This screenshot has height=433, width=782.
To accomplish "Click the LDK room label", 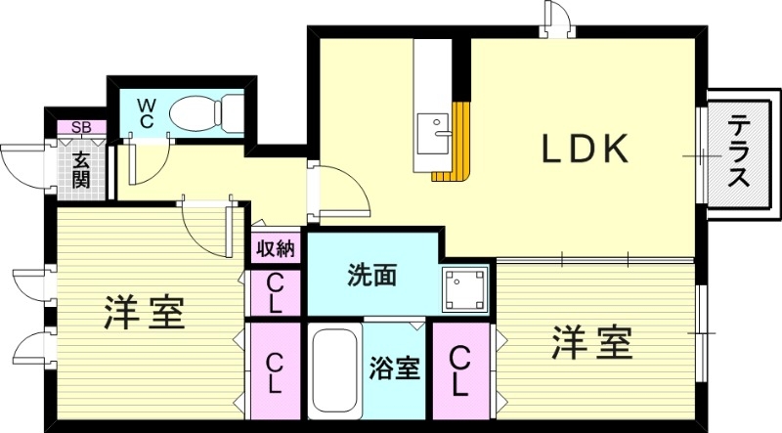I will (584, 150).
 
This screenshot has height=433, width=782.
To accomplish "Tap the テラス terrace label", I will (740, 154).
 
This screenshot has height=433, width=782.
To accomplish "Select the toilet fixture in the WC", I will (205, 112).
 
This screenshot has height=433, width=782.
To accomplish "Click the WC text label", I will (146, 111).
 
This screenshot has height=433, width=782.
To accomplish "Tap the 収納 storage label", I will (275, 249).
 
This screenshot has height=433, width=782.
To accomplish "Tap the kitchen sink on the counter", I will (431, 132).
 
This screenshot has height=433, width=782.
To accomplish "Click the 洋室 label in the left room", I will (145, 313).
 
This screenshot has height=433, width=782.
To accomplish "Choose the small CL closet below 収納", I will (275, 292).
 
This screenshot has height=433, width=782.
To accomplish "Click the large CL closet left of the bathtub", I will (275, 371).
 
